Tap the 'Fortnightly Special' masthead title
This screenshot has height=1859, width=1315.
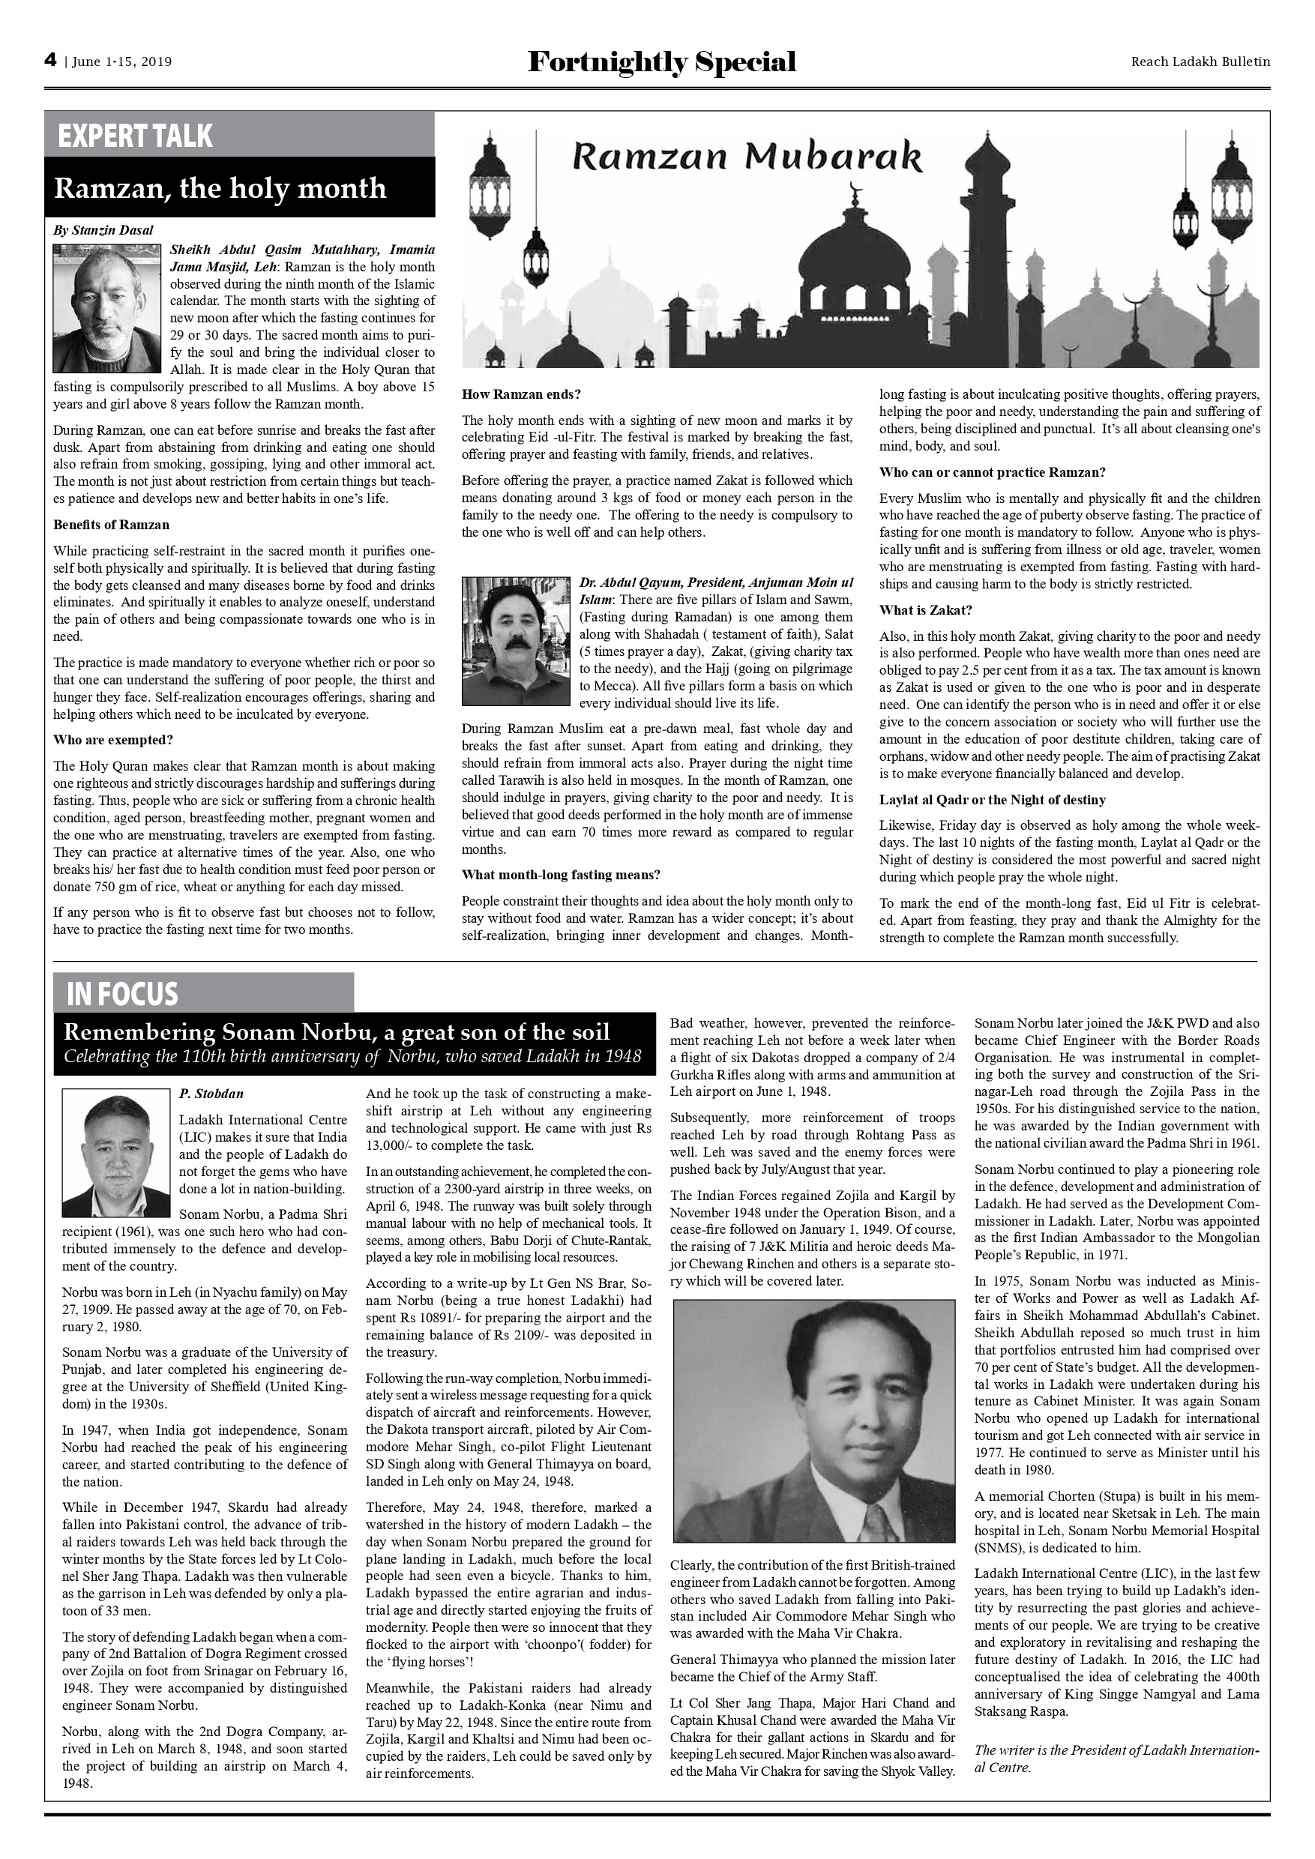pyautogui.click(x=661, y=62)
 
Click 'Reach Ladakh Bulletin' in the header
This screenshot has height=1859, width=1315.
pyautogui.click(x=1200, y=61)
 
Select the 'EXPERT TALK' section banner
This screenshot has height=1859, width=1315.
pyautogui.click(x=135, y=135)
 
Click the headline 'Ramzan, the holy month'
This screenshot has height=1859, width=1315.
pyautogui.click(x=220, y=188)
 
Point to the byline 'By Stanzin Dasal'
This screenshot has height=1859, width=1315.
pyautogui.click(x=103, y=230)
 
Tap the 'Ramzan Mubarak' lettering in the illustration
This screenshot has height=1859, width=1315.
pyautogui.click(x=747, y=156)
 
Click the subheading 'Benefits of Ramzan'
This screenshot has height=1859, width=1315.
pyautogui.click(x=111, y=525)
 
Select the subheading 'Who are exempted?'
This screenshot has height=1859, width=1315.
pyautogui.click(x=113, y=740)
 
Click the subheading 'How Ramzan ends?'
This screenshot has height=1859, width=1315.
pyautogui.click(x=522, y=394)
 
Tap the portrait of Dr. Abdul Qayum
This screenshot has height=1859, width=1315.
pyautogui.click(x=516, y=640)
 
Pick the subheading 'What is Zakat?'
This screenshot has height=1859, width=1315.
pyautogui.click(x=925, y=609)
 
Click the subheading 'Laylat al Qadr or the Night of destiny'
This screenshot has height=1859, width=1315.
pyautogui.click(x=992, y=800)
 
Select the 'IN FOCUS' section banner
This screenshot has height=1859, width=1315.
pyautogui.click(x=122, y=993)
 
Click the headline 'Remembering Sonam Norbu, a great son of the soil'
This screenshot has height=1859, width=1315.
pyautogui.click(x=336, y=1032)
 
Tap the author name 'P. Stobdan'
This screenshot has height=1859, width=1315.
pyautogui.click(x=211, y=1094)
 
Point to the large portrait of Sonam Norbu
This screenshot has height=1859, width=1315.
pyautogui.click(x=813, y=1420)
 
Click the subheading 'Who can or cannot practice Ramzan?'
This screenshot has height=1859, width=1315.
pyautogui.click(x=992, y=472)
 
